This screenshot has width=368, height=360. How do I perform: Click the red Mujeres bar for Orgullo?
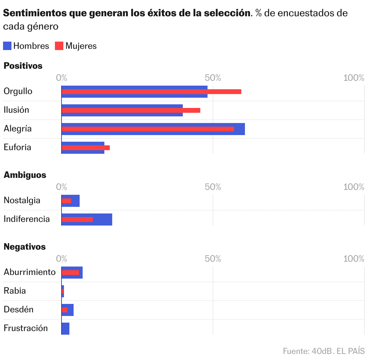click(151, 92)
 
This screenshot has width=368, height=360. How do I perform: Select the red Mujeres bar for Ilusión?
click(131, 110)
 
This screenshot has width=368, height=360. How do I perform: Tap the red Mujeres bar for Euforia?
click(86, 148)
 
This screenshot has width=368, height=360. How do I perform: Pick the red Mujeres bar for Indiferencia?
click(77, 219)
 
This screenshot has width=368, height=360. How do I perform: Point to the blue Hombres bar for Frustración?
click(65, 329)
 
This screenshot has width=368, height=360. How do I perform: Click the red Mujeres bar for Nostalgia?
click(66, 201)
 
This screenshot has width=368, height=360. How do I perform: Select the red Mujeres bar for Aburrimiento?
click(70, 273)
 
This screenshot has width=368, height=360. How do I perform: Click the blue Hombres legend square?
click(7, 46)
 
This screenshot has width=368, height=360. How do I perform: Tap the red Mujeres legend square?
click(59, 46)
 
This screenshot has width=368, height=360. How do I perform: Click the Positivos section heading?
click(23, 66)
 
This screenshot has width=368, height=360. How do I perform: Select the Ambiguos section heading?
click(25, 175)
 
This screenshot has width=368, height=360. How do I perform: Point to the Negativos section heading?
click(24, 247)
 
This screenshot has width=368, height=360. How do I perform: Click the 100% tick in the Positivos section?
click(354, 78)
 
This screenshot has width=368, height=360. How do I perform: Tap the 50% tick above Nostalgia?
click(213, 187)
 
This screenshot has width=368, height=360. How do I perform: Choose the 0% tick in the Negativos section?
click(62, 259)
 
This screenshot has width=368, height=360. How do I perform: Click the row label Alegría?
click(17, 129)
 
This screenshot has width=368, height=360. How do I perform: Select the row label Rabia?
click(14, 291)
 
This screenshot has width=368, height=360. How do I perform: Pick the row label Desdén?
click(18, 310)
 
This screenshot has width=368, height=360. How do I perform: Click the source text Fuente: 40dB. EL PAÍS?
click(324, 351)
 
